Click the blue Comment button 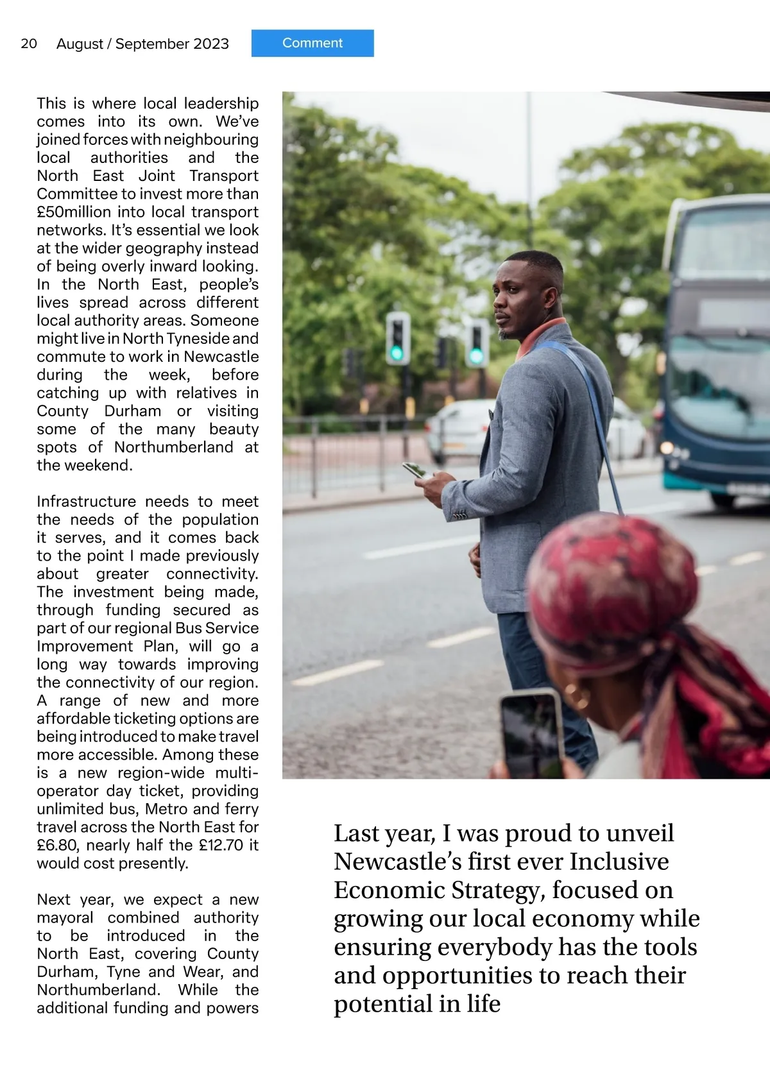[312, 43]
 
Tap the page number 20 [29, 44]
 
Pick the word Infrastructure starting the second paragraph [86, 502]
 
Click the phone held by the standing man [415, 470]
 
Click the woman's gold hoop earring [577, 695]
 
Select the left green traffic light [397, 338]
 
